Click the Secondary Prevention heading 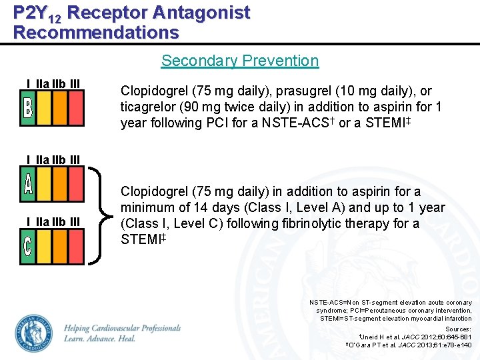click(x=240, y=61)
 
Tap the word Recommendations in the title click(x=96, y=32)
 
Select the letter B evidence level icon click(x=27, y=108)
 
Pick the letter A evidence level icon click(x=27, y=183)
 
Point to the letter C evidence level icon click(x=27, y=246)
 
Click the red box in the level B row click(x=76, y=108)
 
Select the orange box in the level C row click(x=60, y=246)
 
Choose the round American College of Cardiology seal click(x=34, y=333)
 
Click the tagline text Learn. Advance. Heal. click(x=100, y=339)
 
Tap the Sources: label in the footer click(x=458, y=329)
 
